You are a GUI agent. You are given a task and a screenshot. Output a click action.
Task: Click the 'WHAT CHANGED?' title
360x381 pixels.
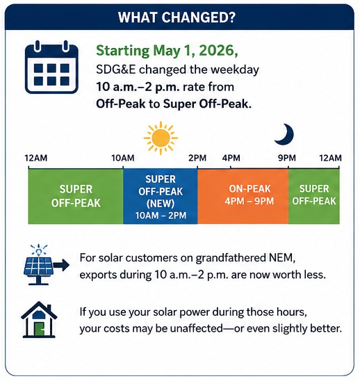pos(177,17)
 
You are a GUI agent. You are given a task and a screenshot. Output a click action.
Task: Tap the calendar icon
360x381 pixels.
pos(51,67)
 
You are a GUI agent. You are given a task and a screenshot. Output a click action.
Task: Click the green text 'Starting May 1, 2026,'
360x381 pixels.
pos(167,51)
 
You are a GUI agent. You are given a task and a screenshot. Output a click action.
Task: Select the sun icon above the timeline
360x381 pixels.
pos(161,138)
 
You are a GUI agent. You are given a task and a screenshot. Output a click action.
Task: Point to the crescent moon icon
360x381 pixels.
pos(285,135)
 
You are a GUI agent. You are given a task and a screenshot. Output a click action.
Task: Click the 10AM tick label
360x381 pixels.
pos(123,159)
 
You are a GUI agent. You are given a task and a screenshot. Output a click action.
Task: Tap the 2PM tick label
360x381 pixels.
pos(197,159)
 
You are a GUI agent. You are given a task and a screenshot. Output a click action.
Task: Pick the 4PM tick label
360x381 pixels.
pos(231,159)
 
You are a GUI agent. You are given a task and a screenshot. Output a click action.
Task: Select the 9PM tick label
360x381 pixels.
pos(287,159)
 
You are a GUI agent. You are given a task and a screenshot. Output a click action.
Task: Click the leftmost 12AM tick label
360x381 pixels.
pos(36,159)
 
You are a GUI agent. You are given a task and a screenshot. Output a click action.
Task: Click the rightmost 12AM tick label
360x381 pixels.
pos(330,159)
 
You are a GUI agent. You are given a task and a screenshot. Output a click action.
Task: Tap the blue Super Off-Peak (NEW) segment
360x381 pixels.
pos(161,196)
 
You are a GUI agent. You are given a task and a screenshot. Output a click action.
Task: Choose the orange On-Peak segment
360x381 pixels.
pos(243,196)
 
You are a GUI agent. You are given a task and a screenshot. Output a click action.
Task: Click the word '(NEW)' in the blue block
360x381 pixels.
pos(161,204)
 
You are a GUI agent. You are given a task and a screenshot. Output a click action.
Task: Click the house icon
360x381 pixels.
pos(39,320)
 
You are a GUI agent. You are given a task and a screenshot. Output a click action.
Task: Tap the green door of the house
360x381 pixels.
pos(39,330)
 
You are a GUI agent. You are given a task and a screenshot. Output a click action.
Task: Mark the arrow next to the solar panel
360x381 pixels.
pos(61,265)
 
